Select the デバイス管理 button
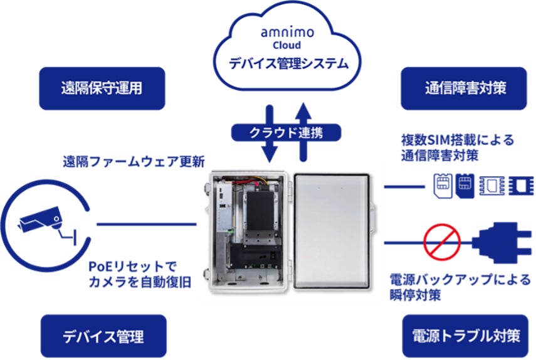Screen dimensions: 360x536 103,336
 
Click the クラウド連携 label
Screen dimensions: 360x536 285,132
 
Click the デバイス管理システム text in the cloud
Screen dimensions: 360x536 287,64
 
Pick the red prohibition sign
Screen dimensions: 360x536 442,241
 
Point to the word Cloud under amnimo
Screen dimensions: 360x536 287,45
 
